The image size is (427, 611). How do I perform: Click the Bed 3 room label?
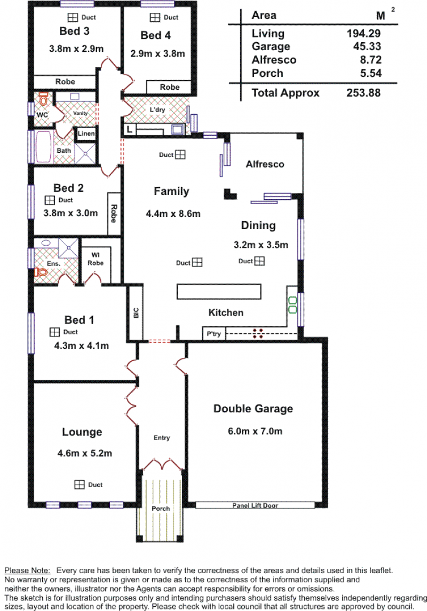(74, 31)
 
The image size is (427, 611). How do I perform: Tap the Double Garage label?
(253, 409)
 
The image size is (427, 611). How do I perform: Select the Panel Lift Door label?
(255, 505)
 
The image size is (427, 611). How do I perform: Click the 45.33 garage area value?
(367, 46)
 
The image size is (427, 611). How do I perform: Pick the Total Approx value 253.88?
(363, 93)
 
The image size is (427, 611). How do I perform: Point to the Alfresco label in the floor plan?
(265, 164)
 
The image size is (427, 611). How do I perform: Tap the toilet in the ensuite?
(41, 271)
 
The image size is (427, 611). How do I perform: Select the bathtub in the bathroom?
(44, 147)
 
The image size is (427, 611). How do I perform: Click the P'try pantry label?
(213, 334)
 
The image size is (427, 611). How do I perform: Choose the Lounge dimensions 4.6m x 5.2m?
(84, 453)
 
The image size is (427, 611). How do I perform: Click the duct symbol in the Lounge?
(80, 484)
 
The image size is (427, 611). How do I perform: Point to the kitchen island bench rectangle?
(219, 292)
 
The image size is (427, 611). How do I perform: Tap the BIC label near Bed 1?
(136, 312)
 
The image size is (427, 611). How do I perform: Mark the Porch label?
(161, 508)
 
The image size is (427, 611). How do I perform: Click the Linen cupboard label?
(86, 134)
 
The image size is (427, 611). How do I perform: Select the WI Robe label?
(96, 259)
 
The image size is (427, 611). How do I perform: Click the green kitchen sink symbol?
(292, 305)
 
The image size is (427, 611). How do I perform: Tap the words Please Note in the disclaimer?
(27, 571)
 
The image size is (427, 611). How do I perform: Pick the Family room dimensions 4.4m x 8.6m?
(173, 214)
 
